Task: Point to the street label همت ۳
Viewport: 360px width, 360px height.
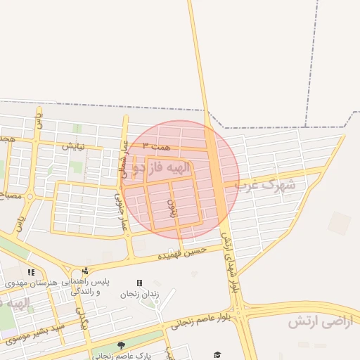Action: [x=155, y=145]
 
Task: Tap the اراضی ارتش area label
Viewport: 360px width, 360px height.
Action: [x=317, y=322]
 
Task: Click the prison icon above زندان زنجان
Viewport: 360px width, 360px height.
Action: [x=139, y=283]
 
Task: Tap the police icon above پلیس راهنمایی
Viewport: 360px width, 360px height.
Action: [x=85, y=271]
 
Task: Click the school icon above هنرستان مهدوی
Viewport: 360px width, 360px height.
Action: [x=31, y=271]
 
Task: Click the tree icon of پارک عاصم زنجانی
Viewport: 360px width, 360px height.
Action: [x=122, y=345]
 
